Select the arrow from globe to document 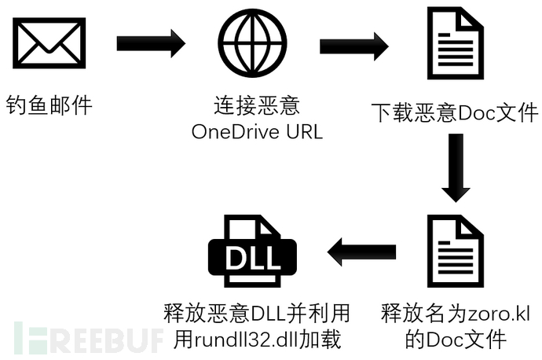(x=353, y=46)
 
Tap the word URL (x=306, y=131)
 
